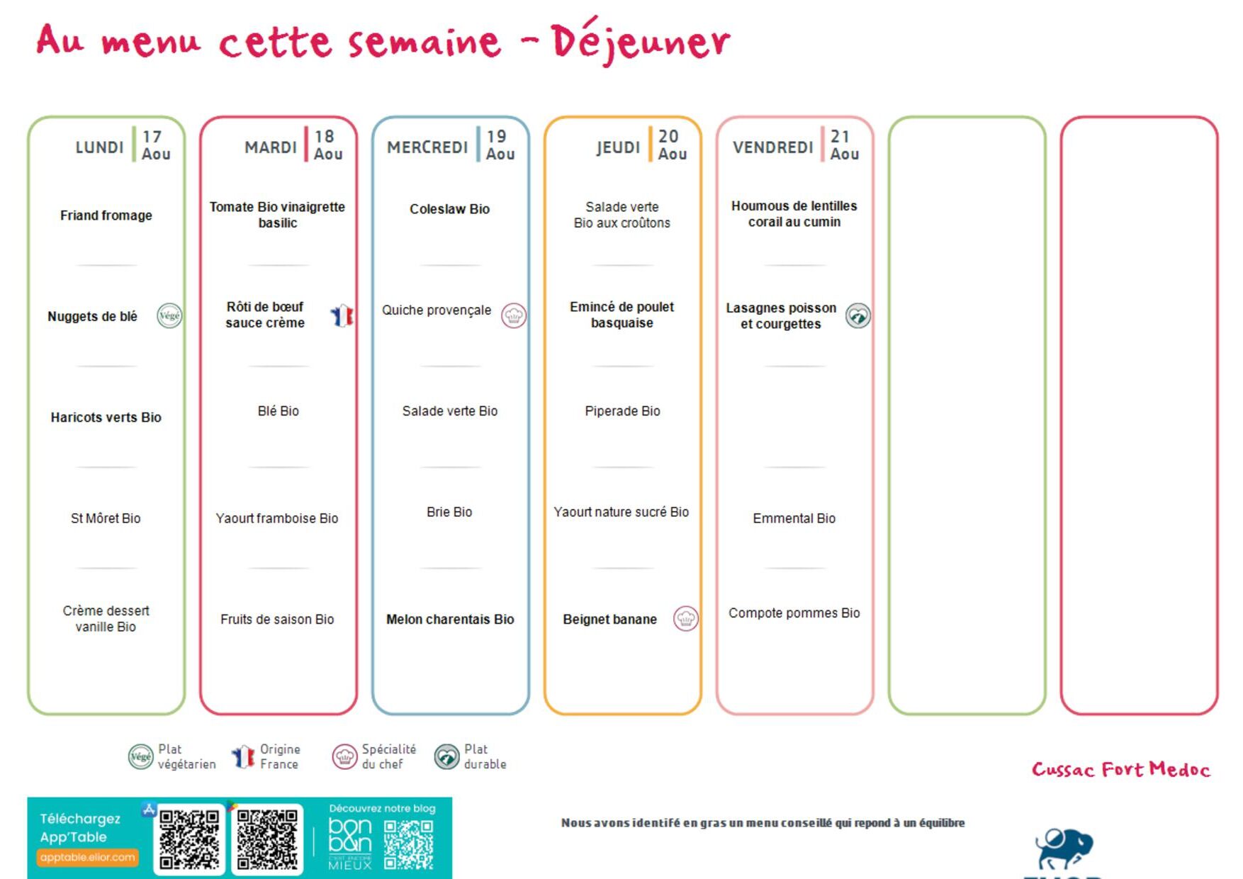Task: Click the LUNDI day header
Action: tap(99, 147)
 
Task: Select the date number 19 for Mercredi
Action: tap(496, 136)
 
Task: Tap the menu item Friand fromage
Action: tap(106, 215)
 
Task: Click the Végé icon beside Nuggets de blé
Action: tap(169, 315)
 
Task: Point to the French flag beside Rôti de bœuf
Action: tap(342, 315)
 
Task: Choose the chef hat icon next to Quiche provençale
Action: tap(514, 315)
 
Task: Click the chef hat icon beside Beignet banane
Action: tap(686, 619)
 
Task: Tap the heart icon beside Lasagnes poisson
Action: tap(858, 315)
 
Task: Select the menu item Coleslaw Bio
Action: tap(450, 209)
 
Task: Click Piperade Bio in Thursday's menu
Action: tap(622, 411)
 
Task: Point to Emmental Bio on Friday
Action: tap(794, 518)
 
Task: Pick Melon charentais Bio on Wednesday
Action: tap(450, 620)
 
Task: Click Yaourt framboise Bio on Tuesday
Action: tap(277, 518)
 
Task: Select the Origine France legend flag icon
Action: tap(243, 756)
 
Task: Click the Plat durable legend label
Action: tap(485, 756)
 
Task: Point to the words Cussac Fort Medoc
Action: tap(1121, 769)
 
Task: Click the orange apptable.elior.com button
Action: tap(87, 857)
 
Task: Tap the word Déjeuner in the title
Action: tap(641, 40)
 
